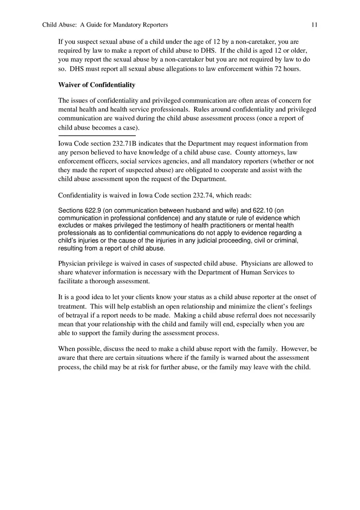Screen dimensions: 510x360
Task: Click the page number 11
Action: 314,25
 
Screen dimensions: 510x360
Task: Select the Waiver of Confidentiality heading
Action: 97,85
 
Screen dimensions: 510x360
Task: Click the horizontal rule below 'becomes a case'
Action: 97,135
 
